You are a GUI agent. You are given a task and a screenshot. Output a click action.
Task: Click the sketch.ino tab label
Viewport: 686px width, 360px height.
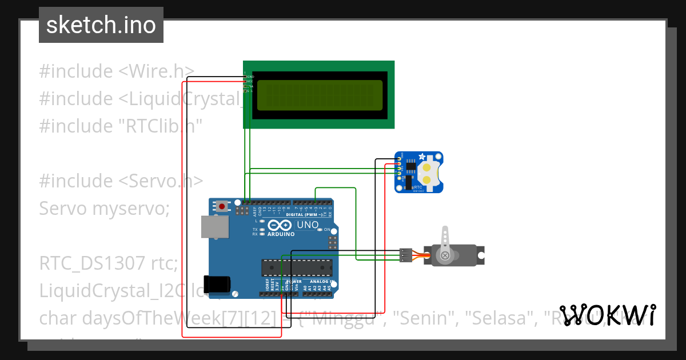pos(101,25)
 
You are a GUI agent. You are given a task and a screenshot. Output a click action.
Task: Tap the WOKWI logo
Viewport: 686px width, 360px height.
pos(607,315)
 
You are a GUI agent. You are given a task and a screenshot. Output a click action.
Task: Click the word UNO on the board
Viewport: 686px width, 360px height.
pos(308,225)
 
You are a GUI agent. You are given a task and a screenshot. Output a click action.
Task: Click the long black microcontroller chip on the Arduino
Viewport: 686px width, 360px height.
pos(297,267)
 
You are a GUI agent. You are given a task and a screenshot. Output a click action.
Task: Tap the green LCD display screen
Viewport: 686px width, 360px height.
pos(320,95)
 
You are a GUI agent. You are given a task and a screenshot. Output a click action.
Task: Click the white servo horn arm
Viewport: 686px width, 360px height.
pos(445,239)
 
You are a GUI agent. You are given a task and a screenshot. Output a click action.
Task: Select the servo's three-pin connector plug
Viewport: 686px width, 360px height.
pos(405,255)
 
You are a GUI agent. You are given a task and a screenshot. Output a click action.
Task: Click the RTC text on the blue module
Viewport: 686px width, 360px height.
pos(417,186)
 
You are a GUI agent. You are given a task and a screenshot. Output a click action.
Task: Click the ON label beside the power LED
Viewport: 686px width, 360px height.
pos(328,230)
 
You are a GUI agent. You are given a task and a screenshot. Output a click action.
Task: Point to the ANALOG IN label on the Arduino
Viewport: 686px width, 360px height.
pos(320,282)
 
